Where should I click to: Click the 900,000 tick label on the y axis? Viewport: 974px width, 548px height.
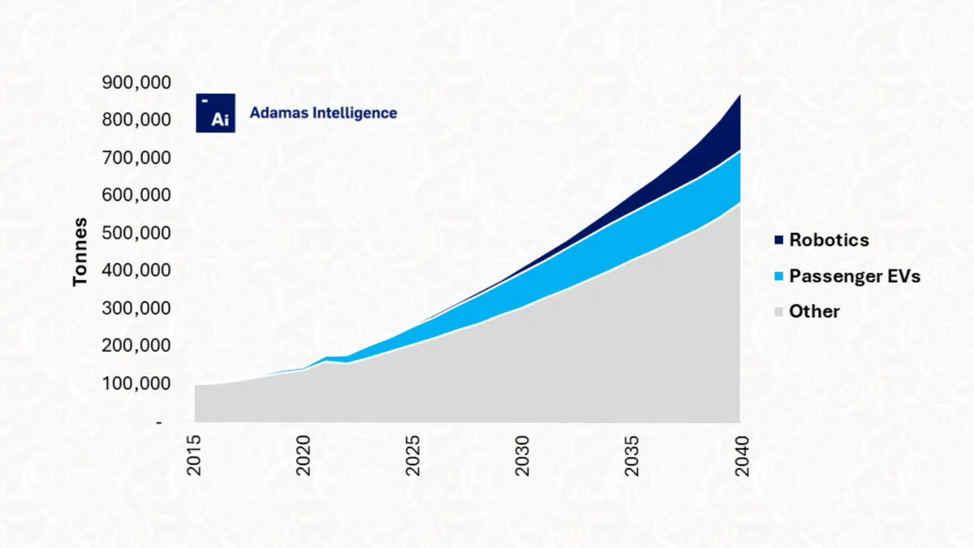(136, 83)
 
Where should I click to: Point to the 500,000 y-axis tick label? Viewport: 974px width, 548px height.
(136, 233)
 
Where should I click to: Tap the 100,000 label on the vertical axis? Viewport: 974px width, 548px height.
(136, 383)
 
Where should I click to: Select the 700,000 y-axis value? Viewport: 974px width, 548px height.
(136, 157)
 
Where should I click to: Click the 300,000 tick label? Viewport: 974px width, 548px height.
(136, 309)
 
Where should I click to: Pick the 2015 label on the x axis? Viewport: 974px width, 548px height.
(194, 455)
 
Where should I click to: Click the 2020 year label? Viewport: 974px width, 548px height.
(304, 455)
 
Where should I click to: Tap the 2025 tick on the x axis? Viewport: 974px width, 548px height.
(412, 455)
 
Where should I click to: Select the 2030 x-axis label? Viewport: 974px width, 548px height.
(522, 455)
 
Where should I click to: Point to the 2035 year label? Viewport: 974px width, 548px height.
(631, 455)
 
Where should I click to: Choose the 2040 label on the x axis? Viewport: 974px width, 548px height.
(741, 455)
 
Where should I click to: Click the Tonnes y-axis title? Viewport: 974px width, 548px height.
(80, 252)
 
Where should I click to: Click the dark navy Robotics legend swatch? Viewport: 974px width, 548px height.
(778, 240)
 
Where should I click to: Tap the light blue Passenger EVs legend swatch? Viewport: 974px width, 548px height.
(778, 276)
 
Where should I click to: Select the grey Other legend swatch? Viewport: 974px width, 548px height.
(778, 312)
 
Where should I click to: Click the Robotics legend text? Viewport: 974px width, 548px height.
(830, 240)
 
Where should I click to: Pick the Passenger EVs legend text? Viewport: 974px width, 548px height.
(855, 276)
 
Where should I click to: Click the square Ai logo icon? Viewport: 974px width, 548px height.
(216, 113)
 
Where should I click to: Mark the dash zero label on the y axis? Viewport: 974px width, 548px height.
(159, 422)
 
